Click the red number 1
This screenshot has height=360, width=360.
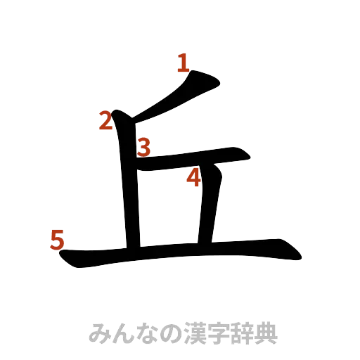click(x=183, y=65)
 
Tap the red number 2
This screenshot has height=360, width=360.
click(x=105, y=121)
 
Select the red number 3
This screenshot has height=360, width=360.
click(x=144, y=147)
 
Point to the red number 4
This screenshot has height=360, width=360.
click(x=194, y=179)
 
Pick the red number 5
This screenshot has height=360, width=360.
click(x=57, y=240)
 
